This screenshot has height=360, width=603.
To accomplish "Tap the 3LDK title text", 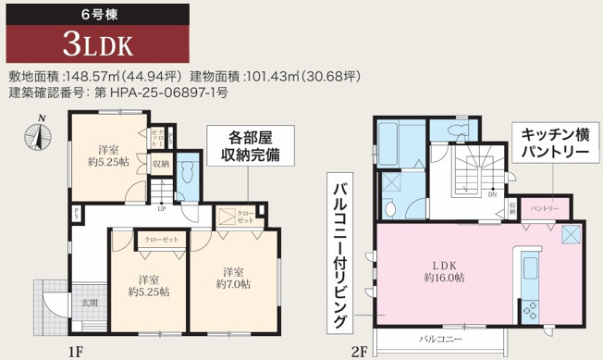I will pos(98,44).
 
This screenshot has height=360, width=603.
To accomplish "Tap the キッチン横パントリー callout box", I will pos(552,143).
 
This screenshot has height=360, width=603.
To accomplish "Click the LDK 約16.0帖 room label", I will pos(443,269).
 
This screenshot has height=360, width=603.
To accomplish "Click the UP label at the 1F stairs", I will pos(162,207).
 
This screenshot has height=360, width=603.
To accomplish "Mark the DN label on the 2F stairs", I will pos(492,195).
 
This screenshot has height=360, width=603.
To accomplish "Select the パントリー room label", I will pos(545,208).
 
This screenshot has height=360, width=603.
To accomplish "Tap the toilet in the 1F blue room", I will pos(188,172).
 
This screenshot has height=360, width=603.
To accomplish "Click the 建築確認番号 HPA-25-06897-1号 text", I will pos(119,93).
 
